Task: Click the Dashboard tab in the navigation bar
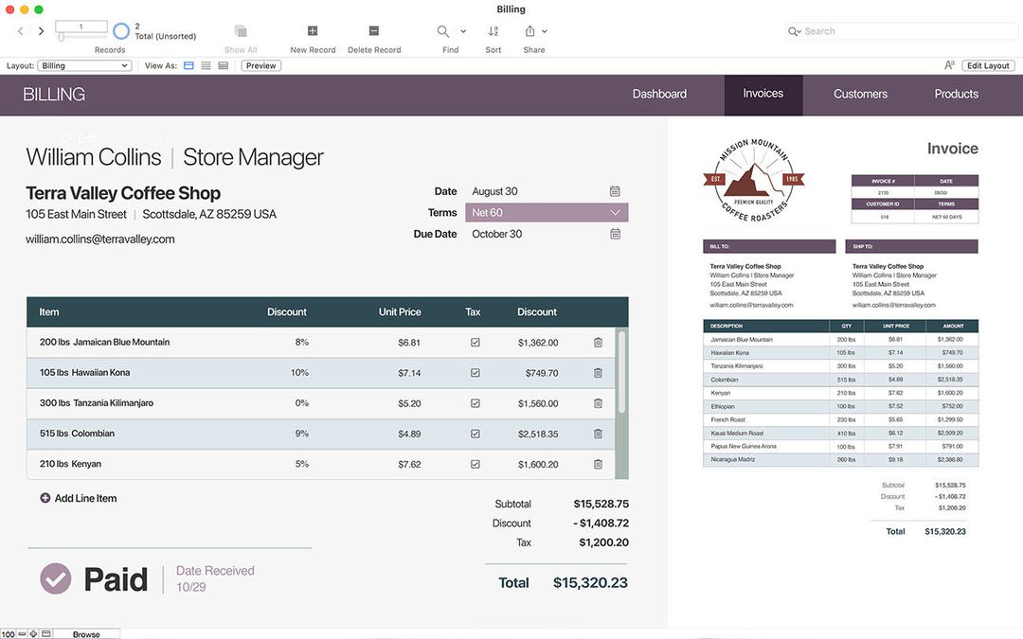[x=659, y=94]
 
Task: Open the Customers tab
[x=860, y=94]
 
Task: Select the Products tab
[x=956, y=94]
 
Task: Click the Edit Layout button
[x=988, y=65]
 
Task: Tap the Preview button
[x=260, y=65]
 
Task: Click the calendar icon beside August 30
[x=615, y=191]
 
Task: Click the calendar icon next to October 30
[x=615, y=234]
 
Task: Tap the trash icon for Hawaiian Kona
[x=598, y=373]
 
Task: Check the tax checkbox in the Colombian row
[x=476, y=434]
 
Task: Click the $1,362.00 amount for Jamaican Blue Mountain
[x=538, y=343]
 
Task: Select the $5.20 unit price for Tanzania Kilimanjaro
[x=409, y=403]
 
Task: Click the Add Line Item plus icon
[x=45, y=498]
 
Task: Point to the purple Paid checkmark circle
[x=56, y=578]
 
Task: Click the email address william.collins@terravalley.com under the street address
[x=100, y=240]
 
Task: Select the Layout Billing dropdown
[x=84, y=65]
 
